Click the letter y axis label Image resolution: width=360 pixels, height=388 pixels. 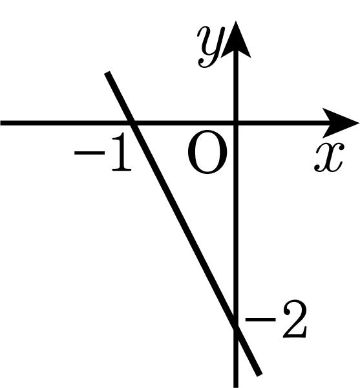pyautogui.click(x=211, y=47)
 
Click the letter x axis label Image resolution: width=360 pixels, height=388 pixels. pyautogui.click(x=329, y=157)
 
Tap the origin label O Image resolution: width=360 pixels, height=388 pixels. pyautogui.click(x=207, y=152)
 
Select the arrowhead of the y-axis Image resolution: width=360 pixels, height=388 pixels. pyautogui.click(x=236, y=39)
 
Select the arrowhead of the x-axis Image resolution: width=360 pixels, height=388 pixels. pyautogui.click(x=341, y=123)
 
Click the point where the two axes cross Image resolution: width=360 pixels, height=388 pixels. pyautogui.click(x=236, y=123)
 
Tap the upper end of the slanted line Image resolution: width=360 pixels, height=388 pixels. pyautogui.click(x=107, y=72)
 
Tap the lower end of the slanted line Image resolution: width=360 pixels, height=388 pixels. pyautogui.click(x=259, y=374)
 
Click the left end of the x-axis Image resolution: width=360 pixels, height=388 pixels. pyautogui.click(x=1, y=123)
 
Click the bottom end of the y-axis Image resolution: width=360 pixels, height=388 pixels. pyautogui.click(x=236, y=387)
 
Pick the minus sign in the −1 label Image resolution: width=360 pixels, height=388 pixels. pyautogui.click(x=89, y=153)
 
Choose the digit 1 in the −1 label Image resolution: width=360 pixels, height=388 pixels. pyautogui.click(x=121, y=152)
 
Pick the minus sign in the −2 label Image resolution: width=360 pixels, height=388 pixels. pyautogui.click(x=260, y=319)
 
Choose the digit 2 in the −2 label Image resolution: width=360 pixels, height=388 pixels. pyautogui.click(x=295, y=319)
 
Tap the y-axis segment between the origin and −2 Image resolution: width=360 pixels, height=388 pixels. pyautogui.click(x=236, y=225)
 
